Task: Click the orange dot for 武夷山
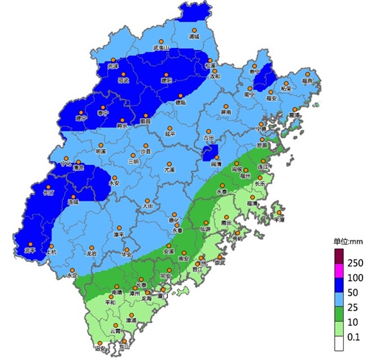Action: tap(159, 41)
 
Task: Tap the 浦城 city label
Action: tap(193, 38)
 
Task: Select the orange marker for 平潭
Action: tap(278, 213)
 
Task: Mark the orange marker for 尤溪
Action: tap(168, 162)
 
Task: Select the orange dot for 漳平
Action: tap(120, 227)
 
